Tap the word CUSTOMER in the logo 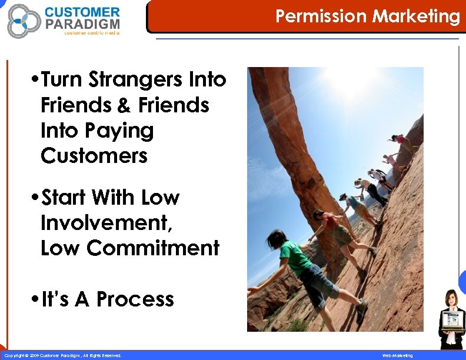click(x=82, y=12)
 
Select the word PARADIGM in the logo click(x=82, y=24)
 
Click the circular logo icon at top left click(x=24, y=20)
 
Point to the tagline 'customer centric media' click(x=91, y=34)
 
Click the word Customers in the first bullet click(x=94, y=156)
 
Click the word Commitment click(x=153, y=248)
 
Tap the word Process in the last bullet click(x=135, y=299)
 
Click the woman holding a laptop click(x=451, y=318)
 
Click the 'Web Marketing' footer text click(x=398, y=355)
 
